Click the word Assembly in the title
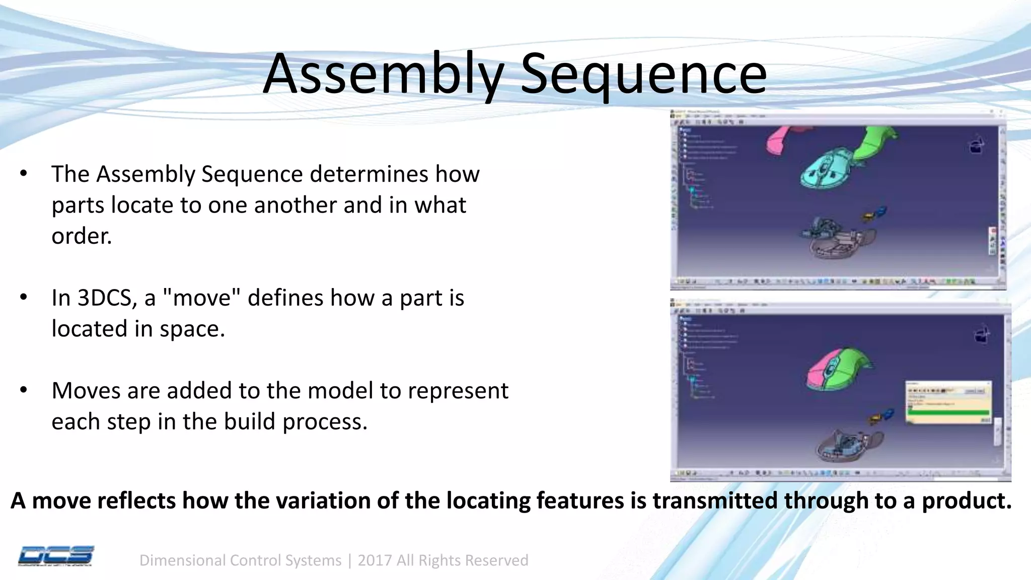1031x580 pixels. (x=383, y=74)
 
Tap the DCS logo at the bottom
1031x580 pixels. (x=56, y=556)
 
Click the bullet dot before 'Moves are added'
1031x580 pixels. (x=23, y=390)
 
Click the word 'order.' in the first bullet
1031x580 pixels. (x=82, y=236)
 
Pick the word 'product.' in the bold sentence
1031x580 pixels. (x=966, y=500)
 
